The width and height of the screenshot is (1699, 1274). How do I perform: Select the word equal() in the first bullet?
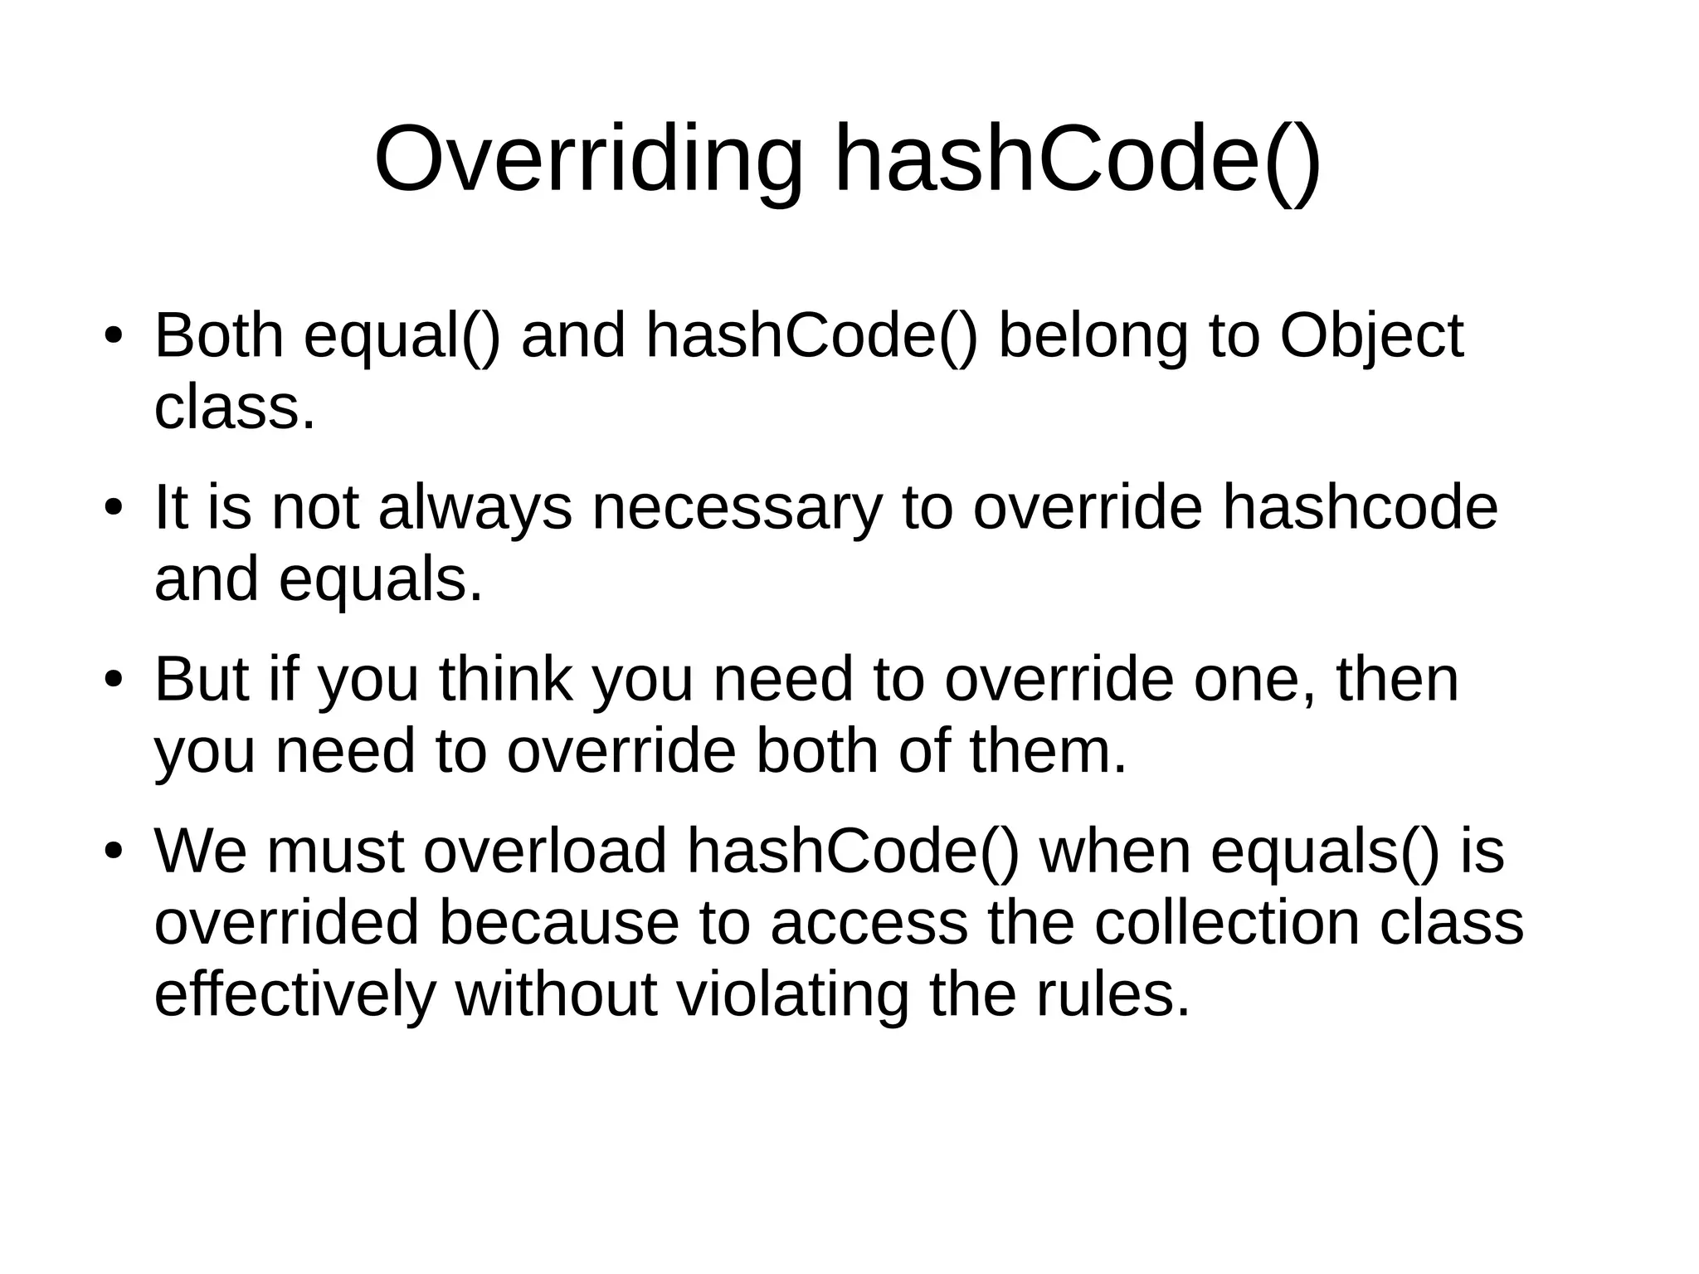pos(402,336)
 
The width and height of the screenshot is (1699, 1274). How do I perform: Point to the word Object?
pos(1371,336)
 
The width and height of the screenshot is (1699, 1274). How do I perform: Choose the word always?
pos(475,508)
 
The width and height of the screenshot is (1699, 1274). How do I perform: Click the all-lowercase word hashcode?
pos(1360,508)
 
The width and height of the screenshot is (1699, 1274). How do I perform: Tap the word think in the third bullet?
pos(505,680)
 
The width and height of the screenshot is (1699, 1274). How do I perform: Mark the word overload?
pos(545,852)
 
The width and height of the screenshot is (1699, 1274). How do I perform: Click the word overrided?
pos(287,923)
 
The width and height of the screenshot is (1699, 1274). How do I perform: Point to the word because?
pos(558,923)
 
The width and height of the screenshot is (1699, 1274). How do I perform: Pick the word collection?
pos(1227,923)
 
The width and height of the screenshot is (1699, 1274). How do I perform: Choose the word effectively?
pos(295,994)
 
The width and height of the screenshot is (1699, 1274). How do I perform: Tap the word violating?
pos(792,994)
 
